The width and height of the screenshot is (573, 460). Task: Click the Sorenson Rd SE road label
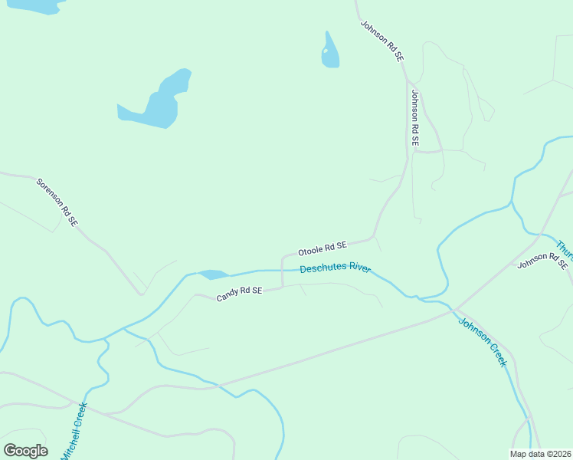click(57, 202)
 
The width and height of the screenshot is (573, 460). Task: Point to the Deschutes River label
click(336, 268)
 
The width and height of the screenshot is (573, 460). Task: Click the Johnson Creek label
click(483, 342)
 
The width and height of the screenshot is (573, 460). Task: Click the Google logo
click(25, 451)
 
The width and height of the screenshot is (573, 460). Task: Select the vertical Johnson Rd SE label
click(414, 118)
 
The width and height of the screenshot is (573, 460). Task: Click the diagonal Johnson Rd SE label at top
click(381, 41)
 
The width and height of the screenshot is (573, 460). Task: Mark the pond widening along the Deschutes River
click(213, 274)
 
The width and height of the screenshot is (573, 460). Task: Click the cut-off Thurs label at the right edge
click(565, 251)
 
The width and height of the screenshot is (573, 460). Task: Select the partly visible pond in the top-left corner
click(34, 5)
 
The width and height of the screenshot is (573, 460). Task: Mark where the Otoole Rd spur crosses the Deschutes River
click(283, 270)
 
